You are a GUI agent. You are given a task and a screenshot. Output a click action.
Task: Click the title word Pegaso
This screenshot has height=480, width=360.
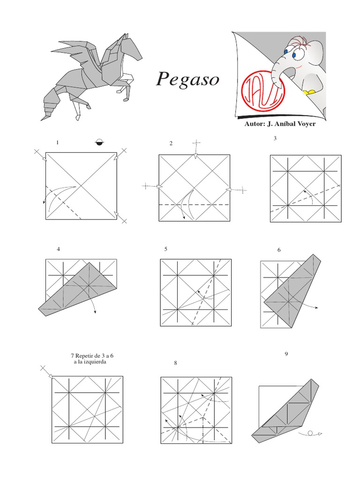pos(187,79)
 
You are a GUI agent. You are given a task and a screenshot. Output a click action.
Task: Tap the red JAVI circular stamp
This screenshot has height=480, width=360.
pos(263,91)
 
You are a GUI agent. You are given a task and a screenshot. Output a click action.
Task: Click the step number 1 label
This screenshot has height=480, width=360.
pos(57,142)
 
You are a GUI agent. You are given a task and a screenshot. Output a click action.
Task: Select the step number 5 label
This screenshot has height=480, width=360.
pos(165,249)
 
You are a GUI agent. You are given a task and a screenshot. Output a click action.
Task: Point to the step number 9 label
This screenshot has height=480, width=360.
pos(286,354)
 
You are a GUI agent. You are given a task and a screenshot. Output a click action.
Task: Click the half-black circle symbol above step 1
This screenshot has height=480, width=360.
pos(100,142)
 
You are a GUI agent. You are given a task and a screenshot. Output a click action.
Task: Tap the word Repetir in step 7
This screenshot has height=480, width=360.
pos(83,356)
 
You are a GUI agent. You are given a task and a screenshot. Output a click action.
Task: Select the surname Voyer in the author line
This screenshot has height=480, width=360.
pos(305,124)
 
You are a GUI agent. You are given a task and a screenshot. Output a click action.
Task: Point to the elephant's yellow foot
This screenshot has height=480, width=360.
pos(309,92)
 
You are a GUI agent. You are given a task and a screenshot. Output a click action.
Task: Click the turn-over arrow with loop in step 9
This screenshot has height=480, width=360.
pos(310,434)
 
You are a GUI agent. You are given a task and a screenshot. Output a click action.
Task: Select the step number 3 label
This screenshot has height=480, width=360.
pos(275,138)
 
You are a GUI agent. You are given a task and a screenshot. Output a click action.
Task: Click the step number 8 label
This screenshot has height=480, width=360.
pos(175,363)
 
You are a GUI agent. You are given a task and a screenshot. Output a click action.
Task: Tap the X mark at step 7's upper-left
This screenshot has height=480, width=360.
pos(43,368)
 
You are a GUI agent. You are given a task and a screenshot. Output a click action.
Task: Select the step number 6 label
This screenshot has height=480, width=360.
pos(279,250)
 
